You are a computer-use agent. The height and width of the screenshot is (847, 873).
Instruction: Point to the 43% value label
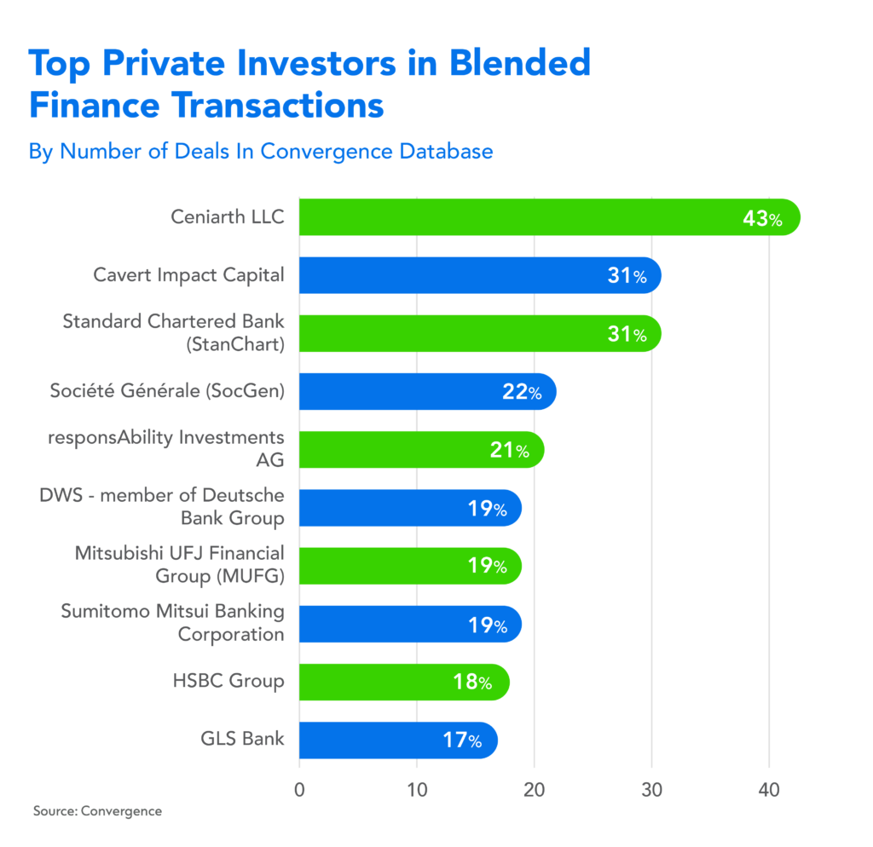pos(761,219)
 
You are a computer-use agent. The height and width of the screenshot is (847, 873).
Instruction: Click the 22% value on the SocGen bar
pos(522,392)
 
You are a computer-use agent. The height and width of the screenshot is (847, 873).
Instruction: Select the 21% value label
pos(509,450)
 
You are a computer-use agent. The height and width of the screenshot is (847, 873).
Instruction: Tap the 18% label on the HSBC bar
pos(472,683)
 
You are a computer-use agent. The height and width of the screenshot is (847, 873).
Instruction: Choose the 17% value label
pos(461,740)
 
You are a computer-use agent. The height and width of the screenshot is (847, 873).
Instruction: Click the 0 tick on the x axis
pos(299,788)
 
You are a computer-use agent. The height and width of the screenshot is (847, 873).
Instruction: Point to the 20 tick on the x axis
pos(535,788)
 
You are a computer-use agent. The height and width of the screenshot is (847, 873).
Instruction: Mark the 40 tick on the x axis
pos(769,788)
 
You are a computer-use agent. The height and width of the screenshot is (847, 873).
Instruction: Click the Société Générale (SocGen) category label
pos(166,391)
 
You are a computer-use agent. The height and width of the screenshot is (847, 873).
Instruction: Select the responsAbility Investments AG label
pos(166,448)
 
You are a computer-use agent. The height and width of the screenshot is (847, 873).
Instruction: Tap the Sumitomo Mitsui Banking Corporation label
pos(172,623)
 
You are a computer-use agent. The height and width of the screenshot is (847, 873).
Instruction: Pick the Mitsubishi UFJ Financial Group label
pos(179,565)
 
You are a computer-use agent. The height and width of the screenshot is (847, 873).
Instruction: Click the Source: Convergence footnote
pos(96,811)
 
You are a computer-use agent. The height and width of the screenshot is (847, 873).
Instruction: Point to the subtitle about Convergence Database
pos(260,152)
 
